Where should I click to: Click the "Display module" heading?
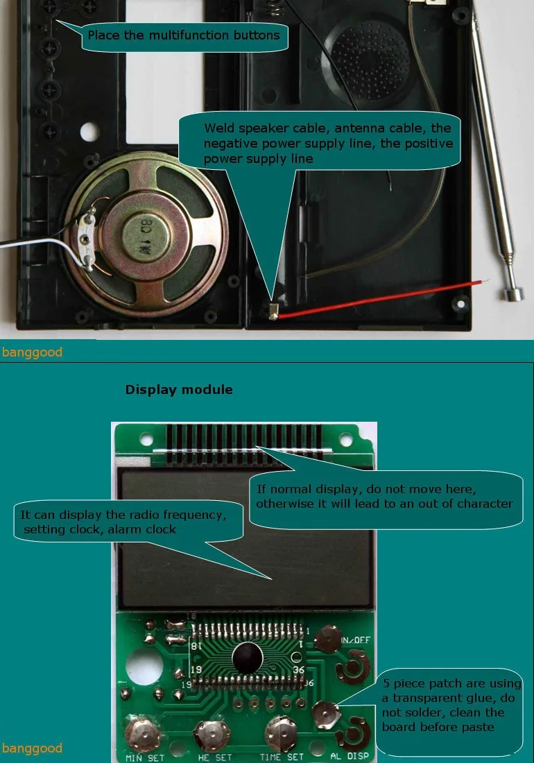tap(179, 390)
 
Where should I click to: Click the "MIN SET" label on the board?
tap(145, 757)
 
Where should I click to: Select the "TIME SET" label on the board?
tap(282, 757)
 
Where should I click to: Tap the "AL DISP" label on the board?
tap(350, 756)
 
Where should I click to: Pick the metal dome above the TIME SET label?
tap(281, 731)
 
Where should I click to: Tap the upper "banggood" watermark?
tap(32, 352)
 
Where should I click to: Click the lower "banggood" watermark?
tap(32, 748)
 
